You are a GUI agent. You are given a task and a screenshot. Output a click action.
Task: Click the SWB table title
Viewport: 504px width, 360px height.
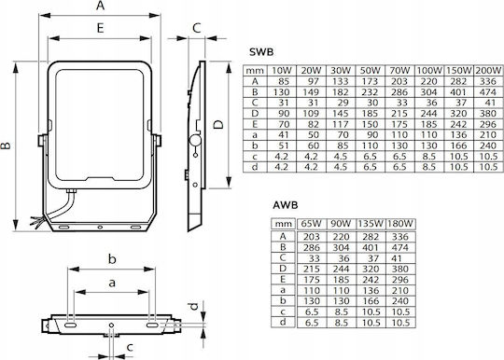click(261, 51)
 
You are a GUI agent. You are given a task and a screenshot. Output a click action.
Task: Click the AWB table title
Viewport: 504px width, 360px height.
click(286, 205)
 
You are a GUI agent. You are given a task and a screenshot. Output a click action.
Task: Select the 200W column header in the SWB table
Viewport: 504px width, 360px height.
click(488, 70)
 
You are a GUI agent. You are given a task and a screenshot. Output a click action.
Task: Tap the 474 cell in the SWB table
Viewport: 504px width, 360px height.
click(488, 92)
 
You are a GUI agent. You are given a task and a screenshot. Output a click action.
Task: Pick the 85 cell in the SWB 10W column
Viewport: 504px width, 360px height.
click(282, 81)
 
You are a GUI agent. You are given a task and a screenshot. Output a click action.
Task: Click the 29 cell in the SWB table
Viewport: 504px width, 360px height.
click(343, 103)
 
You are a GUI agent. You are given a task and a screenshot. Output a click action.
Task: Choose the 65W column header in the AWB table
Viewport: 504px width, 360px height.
click(311, 224)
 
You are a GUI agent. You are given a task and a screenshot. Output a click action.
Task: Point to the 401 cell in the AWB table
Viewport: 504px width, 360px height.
click(371, 247)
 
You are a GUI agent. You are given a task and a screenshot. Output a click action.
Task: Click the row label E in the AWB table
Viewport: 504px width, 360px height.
click(283, 280)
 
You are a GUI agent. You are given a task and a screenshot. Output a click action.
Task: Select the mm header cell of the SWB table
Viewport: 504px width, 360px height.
click(255, 70)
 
